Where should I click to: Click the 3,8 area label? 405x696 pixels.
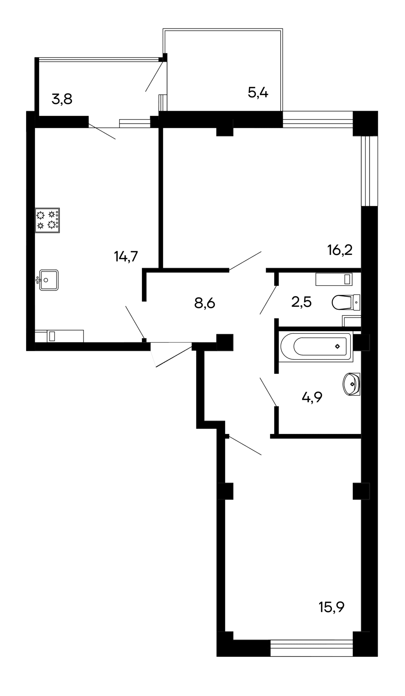tap(62, 99)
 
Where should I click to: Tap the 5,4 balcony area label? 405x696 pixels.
tap(258, 93)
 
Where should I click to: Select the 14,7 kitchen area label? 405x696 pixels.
tap(126, 257)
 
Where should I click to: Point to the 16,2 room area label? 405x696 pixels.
tap(340, 250)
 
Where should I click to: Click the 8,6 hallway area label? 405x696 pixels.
tap(205, 303)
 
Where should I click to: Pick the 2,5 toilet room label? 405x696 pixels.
tap(302, 302)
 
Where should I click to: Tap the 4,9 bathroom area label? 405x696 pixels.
tap(312, 398)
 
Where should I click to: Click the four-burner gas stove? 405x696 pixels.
tap(47, 220)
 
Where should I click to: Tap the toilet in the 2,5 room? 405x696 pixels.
tap(346, 302)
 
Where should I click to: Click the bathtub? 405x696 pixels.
tap(316, 347)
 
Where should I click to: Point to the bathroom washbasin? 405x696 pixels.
tap(351, 384)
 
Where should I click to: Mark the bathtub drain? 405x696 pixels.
tap(337, 347)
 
